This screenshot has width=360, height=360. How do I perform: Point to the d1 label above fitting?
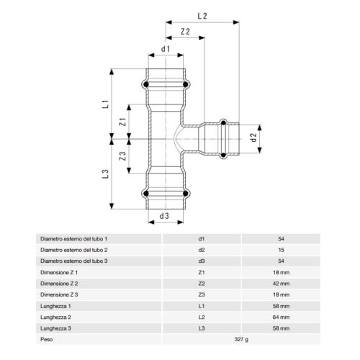(x=165, y=49)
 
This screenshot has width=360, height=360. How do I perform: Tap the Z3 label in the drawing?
(x=123, y=155)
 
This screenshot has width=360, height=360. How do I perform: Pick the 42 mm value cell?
(x=282, y=284)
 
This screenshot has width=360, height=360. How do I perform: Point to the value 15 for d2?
(x=282, y=249)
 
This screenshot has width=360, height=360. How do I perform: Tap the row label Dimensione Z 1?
(x=59, y=273)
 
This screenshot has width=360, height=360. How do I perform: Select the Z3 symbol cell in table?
(x=202, y=295)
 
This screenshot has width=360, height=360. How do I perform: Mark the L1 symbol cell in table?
(x=202, y=306)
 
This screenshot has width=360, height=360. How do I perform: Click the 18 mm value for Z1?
(x=282, y=273)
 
